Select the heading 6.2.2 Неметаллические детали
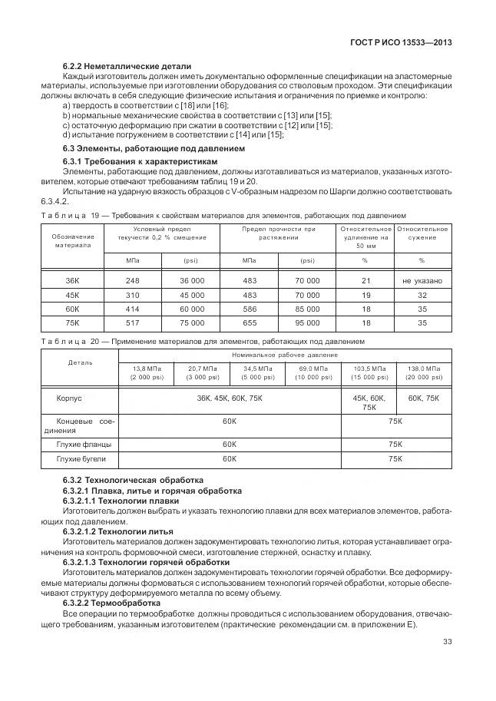127,66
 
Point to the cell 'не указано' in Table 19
422,281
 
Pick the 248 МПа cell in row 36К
132,281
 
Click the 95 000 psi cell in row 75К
307,323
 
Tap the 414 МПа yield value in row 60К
132,309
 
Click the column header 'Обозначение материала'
72,241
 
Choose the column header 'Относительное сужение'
422,233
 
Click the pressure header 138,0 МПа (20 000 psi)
423,373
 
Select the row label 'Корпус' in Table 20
69,398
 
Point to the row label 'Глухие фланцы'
84,444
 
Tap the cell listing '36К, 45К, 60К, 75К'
229,398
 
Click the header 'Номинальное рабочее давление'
284,355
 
